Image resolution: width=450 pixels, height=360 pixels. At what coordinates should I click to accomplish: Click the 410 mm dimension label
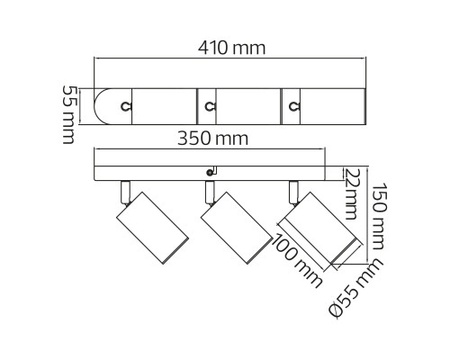tap(231, 48)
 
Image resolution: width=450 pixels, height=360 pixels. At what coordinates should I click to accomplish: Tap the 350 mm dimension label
tap(213, 138)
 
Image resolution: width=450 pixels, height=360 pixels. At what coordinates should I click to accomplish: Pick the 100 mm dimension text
tap(299, 262)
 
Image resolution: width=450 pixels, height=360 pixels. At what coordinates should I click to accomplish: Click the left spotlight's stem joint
tap(123, 192)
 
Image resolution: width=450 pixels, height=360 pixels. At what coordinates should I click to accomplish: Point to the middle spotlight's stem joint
tap(209, 192)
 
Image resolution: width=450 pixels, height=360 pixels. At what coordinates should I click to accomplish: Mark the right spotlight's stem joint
tap(292, 192)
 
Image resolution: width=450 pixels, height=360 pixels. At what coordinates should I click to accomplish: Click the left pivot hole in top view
tap(126, 106)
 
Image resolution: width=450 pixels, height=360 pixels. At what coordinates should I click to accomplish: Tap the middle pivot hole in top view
tap(210, 106)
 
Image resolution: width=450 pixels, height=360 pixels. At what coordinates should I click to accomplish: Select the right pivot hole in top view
tap(293, 106)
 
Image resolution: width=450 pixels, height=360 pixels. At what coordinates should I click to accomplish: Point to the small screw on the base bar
tap(211, 170)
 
